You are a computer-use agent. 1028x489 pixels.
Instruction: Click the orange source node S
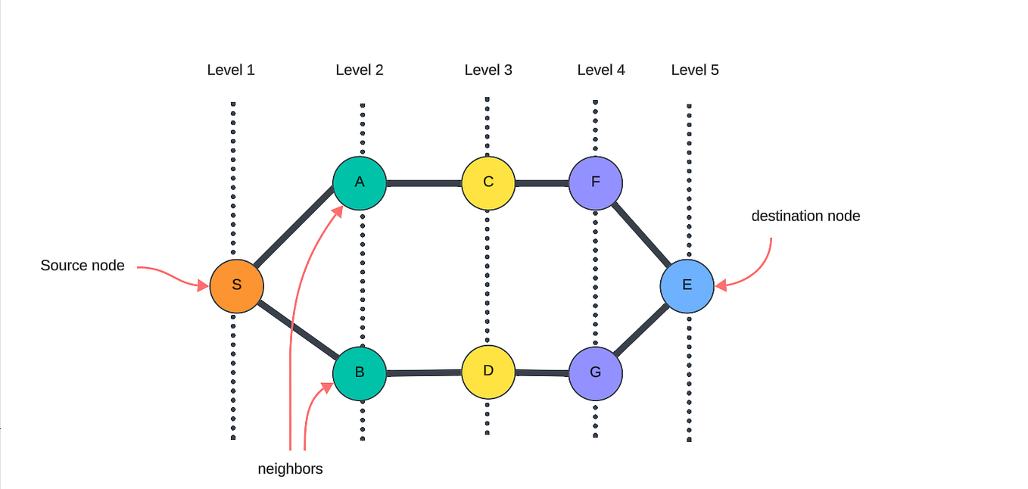pyautogui.click(x=236, y=286)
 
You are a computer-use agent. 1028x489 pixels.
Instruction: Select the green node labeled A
pyautogui.click(x=360, y=182)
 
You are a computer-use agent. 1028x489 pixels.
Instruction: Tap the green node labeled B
pyautogui.click(x=360, y=372)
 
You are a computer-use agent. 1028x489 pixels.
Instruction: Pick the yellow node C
pyautogui.click(x=488, y=182)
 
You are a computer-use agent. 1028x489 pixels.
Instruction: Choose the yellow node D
pyautogui.click(x=488, y=372)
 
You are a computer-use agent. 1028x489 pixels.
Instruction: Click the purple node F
pyautogui.click(x=596, y=182)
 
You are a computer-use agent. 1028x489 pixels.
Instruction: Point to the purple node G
pyautogui.click(x=596, y=373)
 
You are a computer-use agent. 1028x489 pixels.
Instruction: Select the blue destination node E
pyautogui.click(x=687, y=285)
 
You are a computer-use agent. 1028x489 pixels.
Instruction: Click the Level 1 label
pyautogui.click(x=231, y=70)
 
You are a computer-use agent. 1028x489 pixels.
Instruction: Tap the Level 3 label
pyautogui.click(x=488, y=70)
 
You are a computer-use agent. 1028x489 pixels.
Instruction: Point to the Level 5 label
pyautogui.click(x=695, y=70)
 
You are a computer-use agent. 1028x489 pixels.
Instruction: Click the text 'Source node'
pyautogui.click(x=83, y=266)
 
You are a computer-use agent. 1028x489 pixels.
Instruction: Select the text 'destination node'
pyautogui.click(x=805, y=216)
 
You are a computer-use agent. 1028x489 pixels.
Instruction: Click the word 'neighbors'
pyautogui.click(x=290, y=469)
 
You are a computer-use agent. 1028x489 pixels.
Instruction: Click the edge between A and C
pyautogui.click(x=424, y=182)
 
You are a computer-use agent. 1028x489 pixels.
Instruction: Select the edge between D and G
pyautogui.click(x=542, y=372)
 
